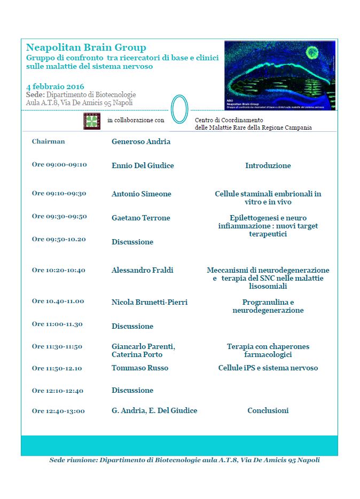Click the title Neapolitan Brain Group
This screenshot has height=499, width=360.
click(x=86, y=47)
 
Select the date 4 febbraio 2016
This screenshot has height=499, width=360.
click(x=55, y=86)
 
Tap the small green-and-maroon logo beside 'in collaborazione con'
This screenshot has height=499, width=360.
click(x=92, y=121)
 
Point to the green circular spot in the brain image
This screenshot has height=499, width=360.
click(x=312, y=52)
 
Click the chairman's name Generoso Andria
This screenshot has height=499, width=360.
click(x=141, y=141)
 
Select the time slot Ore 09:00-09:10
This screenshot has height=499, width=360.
click(x=59, y=164)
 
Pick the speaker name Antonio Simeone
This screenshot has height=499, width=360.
click(x=142, y=194)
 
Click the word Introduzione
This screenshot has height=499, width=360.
click(x=268, y=165)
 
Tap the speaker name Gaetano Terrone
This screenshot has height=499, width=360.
click(x=141, y=217)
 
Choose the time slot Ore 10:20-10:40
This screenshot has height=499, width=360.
click(x=59, y=270)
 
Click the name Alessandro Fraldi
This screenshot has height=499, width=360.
click(x=143, y=270)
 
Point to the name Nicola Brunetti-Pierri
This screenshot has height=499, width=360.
click(x=150, y=302)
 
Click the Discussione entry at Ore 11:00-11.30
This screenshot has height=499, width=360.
click(x=132, y=326)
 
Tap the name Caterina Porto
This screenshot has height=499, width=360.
click(x=137, y=354)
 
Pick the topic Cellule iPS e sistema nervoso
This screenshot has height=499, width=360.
click(x=268, y=368)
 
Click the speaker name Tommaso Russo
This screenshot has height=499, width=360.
click(x=140, y=368)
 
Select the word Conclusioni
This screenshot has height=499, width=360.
click(x=268, y=410)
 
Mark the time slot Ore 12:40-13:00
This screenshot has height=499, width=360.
click(x=58, y=410)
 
